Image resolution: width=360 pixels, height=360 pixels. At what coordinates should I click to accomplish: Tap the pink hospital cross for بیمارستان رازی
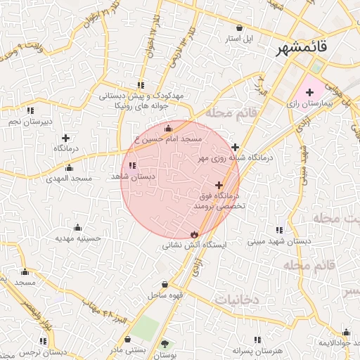coord(309,92)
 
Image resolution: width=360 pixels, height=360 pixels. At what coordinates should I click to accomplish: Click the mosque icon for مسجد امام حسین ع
coord(167,129)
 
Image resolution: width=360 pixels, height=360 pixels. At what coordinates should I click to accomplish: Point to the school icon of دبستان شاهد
coord(132,166)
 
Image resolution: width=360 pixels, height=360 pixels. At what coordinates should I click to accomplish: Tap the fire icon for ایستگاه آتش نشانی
coord(194,234)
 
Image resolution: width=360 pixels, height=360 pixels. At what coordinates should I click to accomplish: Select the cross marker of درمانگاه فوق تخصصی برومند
coord(219,184)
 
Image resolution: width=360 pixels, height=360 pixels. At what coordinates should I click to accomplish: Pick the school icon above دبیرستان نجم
coord(29,110)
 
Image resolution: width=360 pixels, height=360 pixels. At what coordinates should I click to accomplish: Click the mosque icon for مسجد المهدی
coord(69,168)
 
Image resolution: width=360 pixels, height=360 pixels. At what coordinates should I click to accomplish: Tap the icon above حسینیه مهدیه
coord(77,227)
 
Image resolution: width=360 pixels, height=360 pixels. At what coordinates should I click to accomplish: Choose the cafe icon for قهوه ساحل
coord(165,284)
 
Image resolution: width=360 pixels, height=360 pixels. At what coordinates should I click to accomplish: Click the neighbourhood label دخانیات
coord(236,300)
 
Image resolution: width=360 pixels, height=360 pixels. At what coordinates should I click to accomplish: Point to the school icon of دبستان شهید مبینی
coord(280,230)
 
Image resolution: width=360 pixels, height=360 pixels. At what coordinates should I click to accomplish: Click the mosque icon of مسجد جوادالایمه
coord(345,333)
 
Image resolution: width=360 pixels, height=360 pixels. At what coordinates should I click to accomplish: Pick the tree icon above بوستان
coord(166,343)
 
